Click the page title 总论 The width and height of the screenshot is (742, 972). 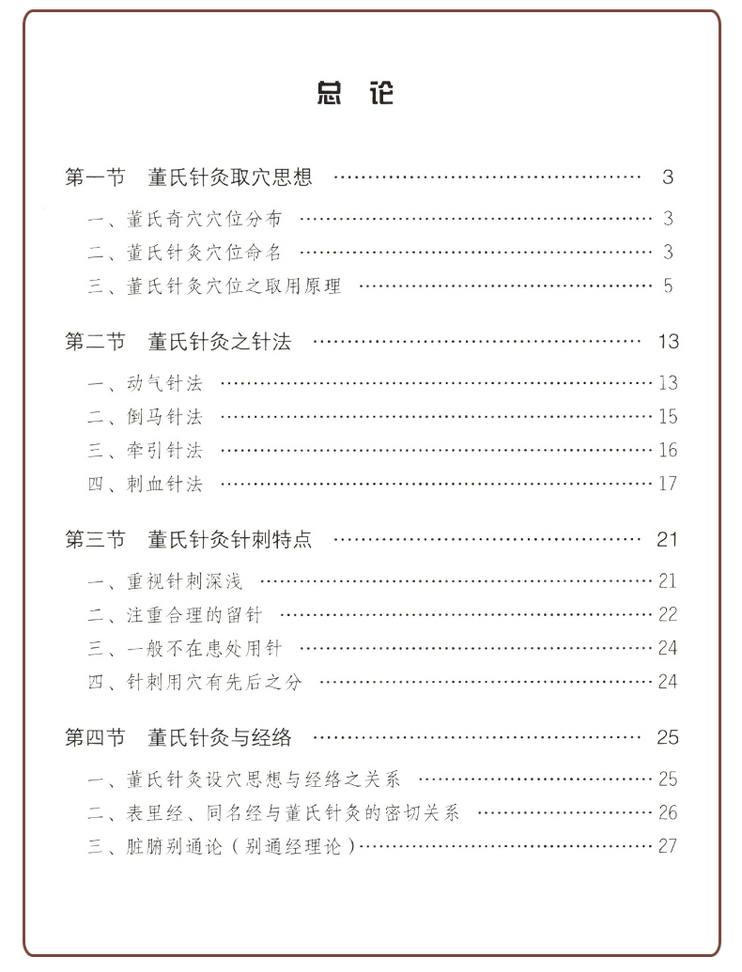(356, 93)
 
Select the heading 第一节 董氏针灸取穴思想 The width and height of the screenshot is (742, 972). (188, 177)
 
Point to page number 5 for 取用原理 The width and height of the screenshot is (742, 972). (669, 285)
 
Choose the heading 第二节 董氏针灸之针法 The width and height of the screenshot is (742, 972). (178, 342)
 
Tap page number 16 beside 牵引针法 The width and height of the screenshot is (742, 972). (667, 451)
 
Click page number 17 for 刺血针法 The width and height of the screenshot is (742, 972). (667, 485)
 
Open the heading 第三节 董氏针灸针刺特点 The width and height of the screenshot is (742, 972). (188, 540)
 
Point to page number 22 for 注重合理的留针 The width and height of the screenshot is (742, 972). (667, 615)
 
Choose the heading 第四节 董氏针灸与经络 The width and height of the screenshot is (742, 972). (178, 737)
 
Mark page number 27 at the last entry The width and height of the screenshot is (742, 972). (667, 846)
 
